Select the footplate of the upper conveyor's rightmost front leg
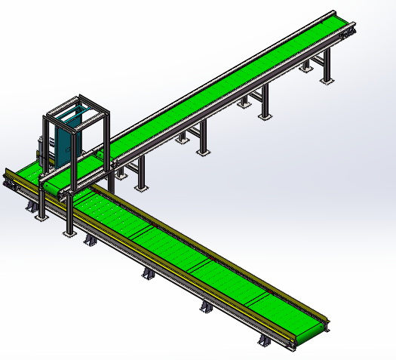tap(326, 79)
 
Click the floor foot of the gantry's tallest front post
tap(69, 233)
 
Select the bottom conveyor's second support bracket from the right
tap(206, 308)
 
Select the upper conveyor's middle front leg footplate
tap(203, 152)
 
